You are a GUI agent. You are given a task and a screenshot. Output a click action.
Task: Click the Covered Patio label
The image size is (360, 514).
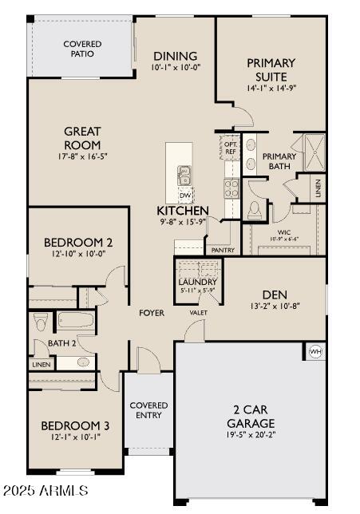[81, 48]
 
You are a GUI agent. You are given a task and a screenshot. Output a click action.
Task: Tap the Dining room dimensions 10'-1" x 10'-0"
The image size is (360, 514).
[175, 69]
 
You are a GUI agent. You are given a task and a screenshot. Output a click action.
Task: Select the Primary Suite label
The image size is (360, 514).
[271, 69]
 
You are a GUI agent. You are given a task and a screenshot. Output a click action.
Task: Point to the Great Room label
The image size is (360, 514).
[83, 139]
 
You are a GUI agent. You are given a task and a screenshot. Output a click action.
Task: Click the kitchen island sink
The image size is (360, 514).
[184, 174]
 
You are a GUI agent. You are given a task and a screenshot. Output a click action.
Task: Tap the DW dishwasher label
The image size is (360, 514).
[184, 195]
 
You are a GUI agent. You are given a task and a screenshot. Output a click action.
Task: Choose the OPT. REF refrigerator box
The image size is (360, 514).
[230, 146]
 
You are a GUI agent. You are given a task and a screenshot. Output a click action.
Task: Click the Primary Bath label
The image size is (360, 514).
[279, 161]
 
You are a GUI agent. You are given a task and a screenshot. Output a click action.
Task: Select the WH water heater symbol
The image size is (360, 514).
[315, 351]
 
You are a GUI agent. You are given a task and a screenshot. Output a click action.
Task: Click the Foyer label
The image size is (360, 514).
[151, 313]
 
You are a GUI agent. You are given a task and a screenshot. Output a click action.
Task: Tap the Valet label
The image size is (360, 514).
[199, 313]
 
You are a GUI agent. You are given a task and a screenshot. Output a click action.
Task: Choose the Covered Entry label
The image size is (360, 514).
[148, 410]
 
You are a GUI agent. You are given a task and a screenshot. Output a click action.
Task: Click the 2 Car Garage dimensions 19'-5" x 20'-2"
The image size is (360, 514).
[251, 436]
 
